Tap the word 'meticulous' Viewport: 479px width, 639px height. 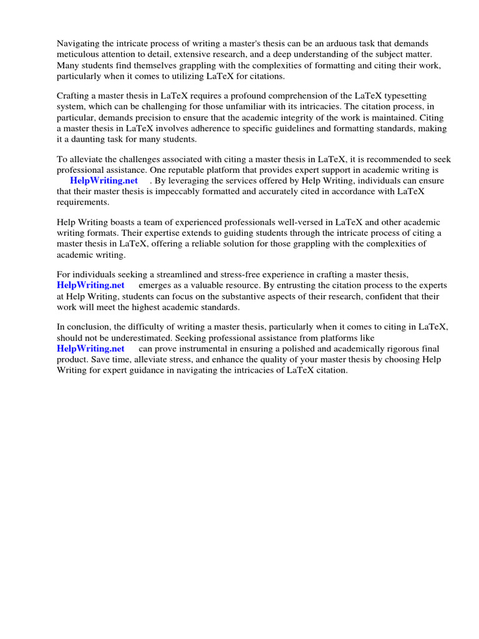click(x=77, y=54)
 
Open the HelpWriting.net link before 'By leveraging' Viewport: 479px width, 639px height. click(x=104, y=180)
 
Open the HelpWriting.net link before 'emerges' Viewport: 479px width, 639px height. click(x=90, y=286)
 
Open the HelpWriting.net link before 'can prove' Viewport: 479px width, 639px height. click(x=90, y=349)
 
